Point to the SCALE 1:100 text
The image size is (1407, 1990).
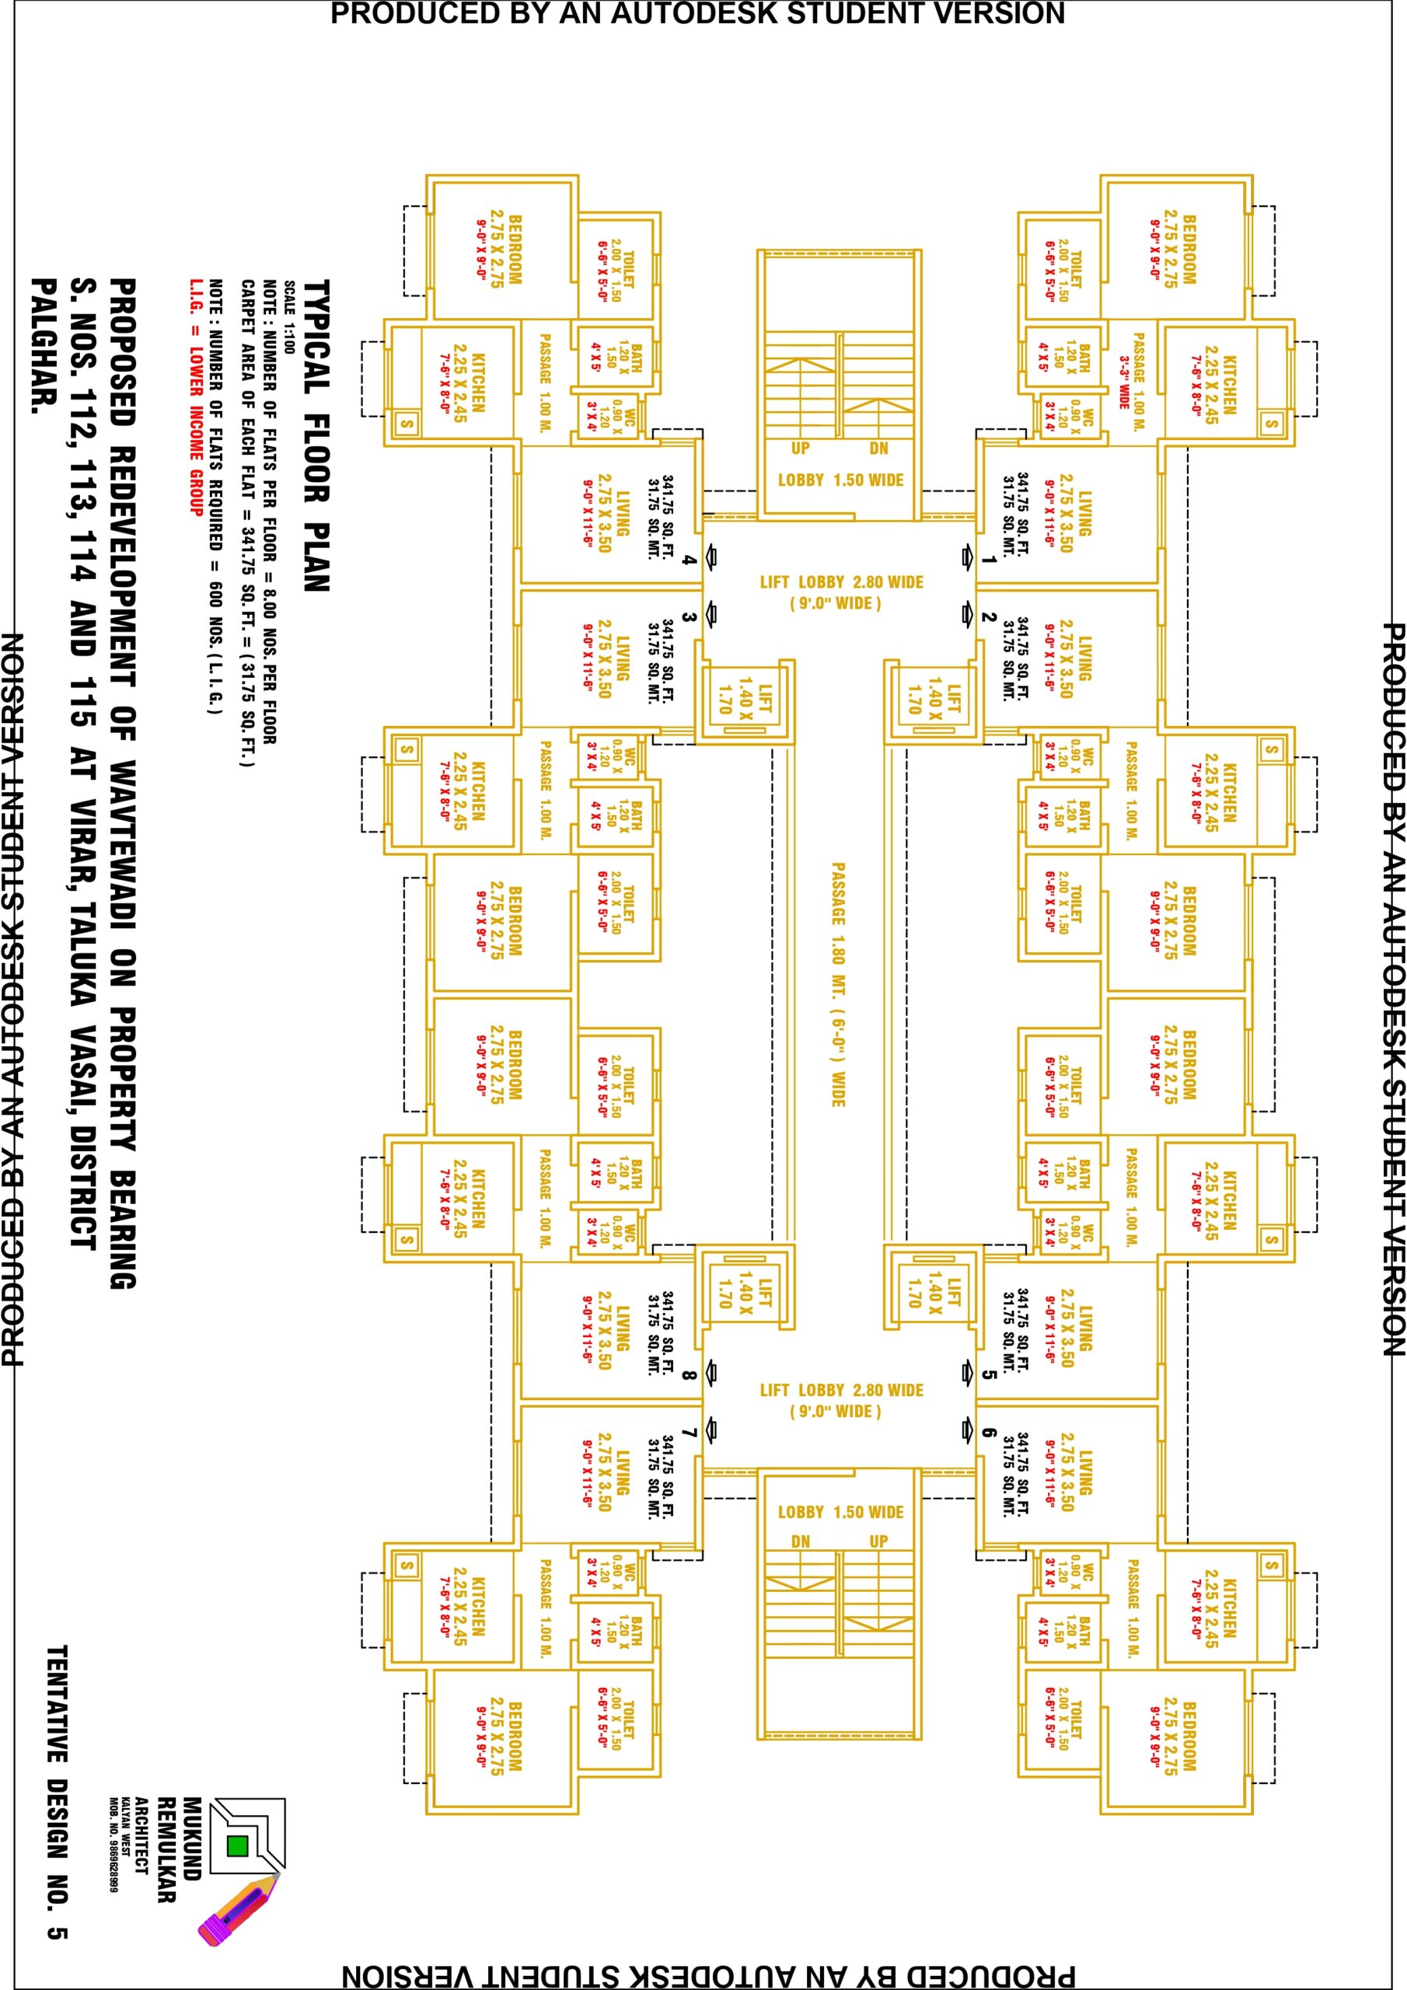tap(289, 317)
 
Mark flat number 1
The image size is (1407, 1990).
tap(988, 560)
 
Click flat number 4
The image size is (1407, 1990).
tap(690, 560)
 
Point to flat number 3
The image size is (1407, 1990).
tap(690, 617)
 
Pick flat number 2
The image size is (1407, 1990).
tap(988, 617)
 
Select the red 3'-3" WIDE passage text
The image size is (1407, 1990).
tap(1123, 382)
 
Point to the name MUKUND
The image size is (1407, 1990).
tap(190, 1838)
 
